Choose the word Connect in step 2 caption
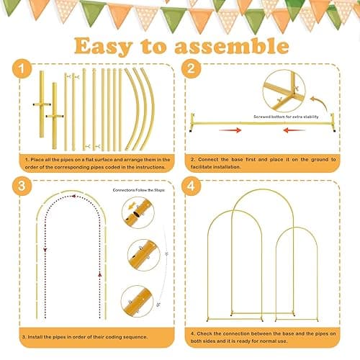212,160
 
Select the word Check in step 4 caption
210,332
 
